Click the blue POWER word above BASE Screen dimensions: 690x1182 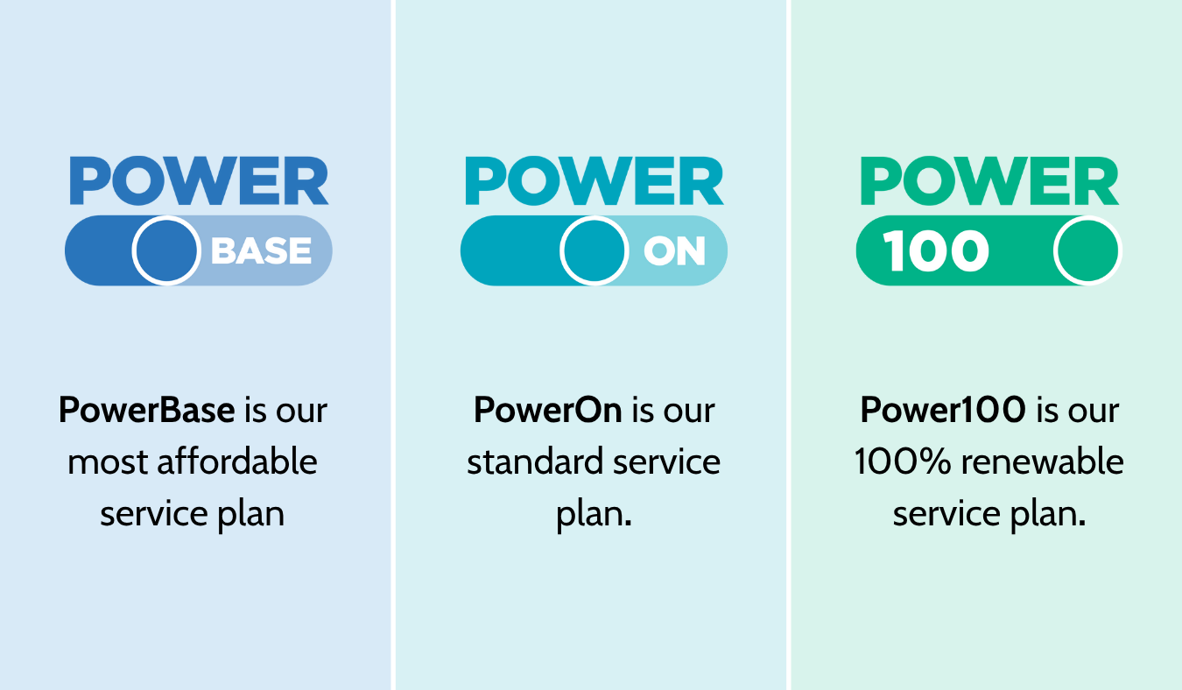point(199,181)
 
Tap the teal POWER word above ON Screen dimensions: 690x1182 point(594,181)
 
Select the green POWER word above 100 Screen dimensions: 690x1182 point(989,181)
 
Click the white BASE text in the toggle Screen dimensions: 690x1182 point(261,252)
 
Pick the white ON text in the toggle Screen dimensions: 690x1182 point(674,252)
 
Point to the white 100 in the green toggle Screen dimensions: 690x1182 point(936,252)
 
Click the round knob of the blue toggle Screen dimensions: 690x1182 point(166,251)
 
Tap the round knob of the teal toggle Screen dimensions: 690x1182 point(594,251)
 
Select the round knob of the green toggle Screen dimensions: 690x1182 point(1087,251)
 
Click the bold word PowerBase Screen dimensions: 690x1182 point(146,410)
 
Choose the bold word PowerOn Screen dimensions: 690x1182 point(548,410)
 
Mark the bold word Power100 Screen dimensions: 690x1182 point(942,410)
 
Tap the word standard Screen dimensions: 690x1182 point(534,461)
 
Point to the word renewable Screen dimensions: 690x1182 point(1051,461)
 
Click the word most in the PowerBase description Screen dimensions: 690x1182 point(102,461)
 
